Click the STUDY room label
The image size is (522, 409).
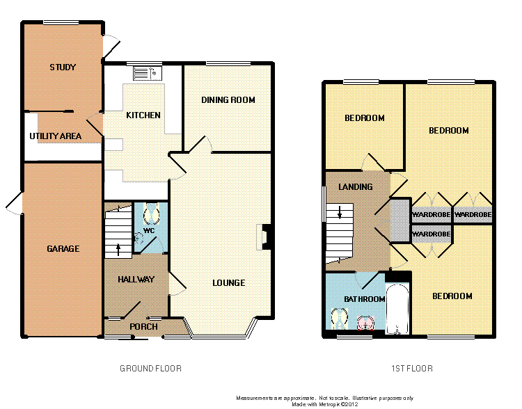[63, 67]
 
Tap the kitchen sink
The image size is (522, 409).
[147, 73]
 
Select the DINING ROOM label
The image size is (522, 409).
[228, 100]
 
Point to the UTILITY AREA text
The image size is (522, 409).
[55, 136]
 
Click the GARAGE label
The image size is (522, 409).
[63, 248]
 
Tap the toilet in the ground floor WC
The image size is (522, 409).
[151, 214]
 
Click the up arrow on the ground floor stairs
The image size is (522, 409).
[118, 250]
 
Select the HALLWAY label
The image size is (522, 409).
[136, 279]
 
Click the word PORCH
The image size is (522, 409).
[143, 326]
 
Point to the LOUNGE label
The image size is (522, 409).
[229, 283]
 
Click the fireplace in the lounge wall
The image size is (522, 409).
[265, 236]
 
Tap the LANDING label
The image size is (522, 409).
[355, 186]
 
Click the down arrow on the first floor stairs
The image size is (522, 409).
[340, 212]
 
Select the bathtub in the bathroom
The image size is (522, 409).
[397, 309]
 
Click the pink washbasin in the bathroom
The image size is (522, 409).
[365, 323]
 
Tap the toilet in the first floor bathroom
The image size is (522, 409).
[340, 319]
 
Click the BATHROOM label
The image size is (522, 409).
[365, 299]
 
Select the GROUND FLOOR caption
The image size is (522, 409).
[150, 369]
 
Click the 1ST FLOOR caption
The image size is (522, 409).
[412, 369]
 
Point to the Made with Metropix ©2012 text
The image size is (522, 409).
[324, 404]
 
